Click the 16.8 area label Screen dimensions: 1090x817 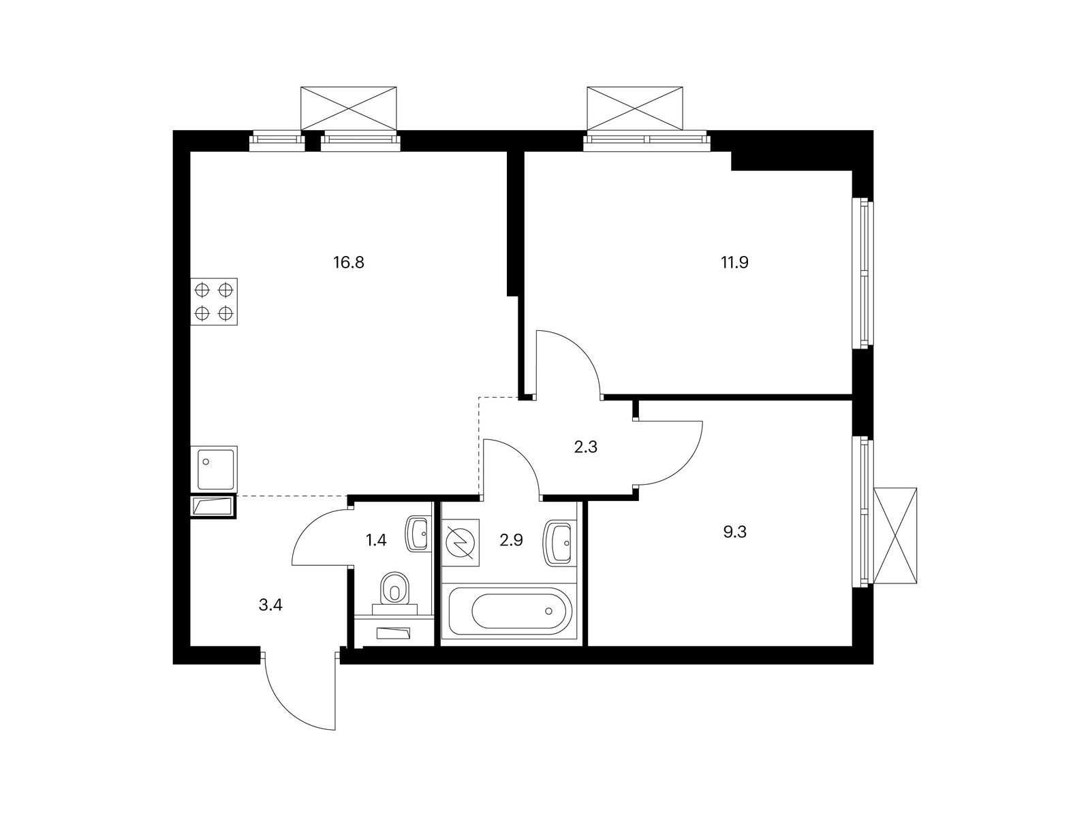pos(349,262)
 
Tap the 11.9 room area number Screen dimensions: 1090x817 pos(734,262)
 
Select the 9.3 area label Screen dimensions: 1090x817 pos(734,532)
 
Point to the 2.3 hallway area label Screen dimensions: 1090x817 pos(585,447)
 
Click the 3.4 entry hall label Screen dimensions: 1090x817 pos(270,605)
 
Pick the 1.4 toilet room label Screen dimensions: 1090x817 pos(376,540)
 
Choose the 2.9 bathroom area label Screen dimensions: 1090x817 pos(512,540)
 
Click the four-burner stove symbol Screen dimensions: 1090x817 pos(214,302)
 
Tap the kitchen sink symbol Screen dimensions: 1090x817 pos(214,468)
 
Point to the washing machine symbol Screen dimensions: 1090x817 pos(461,543)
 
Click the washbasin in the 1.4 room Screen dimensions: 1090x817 pos(418,534)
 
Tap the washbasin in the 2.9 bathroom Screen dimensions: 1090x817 pos(558,543)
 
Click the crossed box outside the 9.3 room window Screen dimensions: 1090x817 pos(895,536)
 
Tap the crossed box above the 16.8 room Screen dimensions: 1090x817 pos(349,109)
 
